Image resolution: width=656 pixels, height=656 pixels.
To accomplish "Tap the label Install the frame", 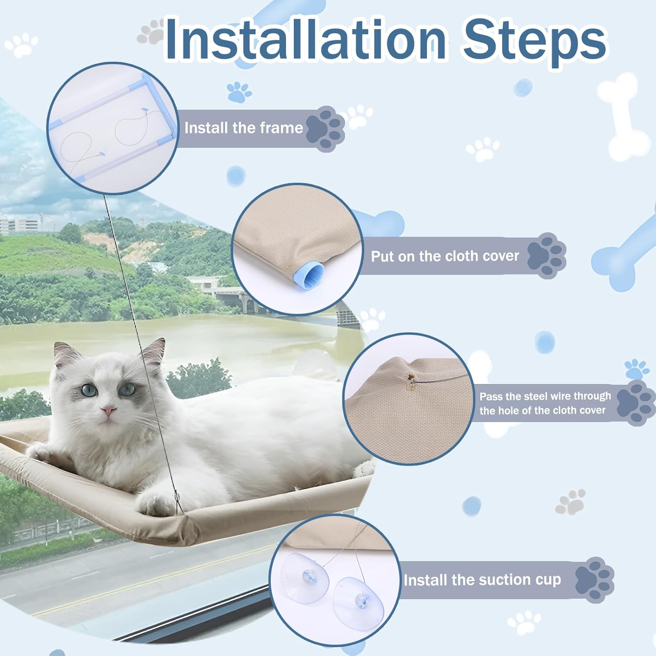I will tap(244, 128).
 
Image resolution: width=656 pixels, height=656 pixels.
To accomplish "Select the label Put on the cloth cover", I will tap(445, 256).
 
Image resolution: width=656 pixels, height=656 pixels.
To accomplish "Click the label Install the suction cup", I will tap(482, 580).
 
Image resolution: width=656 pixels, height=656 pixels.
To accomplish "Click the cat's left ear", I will tap(66, 353).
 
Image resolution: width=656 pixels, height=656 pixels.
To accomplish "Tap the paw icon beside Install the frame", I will tap(326, 128).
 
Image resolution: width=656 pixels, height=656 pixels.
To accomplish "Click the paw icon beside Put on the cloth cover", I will tap(547, 256).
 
